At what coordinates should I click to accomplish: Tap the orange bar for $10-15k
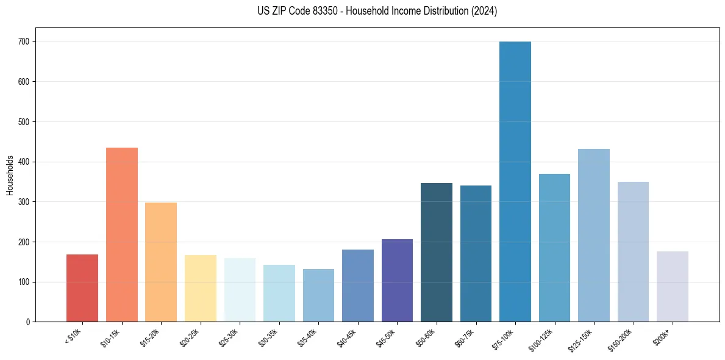point(122,235)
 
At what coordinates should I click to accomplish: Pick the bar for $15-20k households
point(161,262)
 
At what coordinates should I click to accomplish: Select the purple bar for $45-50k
point(397,281)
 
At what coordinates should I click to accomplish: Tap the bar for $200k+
point(673,287)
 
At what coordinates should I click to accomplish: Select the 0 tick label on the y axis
point(28,322)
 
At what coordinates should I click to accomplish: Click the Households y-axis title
point(10,175)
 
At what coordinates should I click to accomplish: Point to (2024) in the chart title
point(485,11)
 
